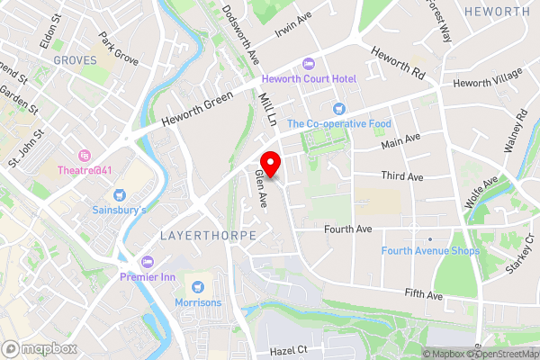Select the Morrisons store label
(x=197, y=302)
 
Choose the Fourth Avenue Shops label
(x=429, y=251)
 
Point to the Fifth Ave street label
(x=424, y=294)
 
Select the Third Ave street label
(x=401, y=177)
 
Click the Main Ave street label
(x=400, y=142)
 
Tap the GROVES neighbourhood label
(x=74, y=59)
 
